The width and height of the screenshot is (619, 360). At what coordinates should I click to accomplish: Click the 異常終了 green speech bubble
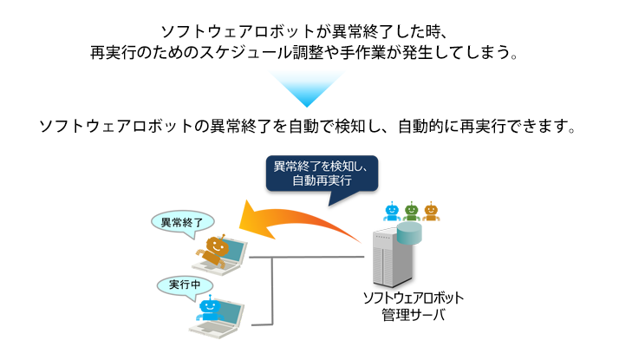pos(181,223)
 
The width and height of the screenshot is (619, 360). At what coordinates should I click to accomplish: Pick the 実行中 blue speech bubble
pos(184,285)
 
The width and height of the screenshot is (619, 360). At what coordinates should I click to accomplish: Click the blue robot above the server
pos(391,211)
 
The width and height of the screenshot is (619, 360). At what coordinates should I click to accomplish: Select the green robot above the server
pos(411,211)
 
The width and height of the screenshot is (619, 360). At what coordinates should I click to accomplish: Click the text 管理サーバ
pos(413,314)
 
